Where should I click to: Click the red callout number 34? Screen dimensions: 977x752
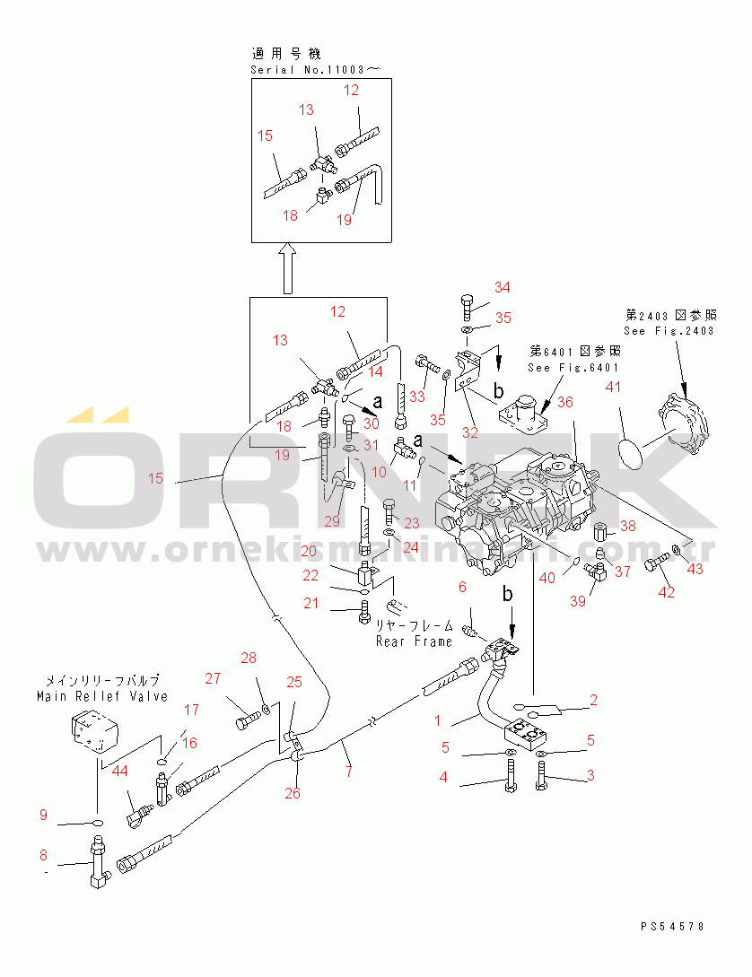(502, 287)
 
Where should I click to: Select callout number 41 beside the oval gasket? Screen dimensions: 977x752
(614, 387)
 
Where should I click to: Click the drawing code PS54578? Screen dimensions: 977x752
(673, 926)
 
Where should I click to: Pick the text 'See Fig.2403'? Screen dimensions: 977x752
(669, 331)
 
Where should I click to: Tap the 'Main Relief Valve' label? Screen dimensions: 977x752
(102, 696)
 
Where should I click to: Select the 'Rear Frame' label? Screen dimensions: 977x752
(415, 641)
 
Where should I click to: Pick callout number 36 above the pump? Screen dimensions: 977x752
(564, 403)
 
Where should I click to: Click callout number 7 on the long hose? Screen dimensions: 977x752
(349, 770)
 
